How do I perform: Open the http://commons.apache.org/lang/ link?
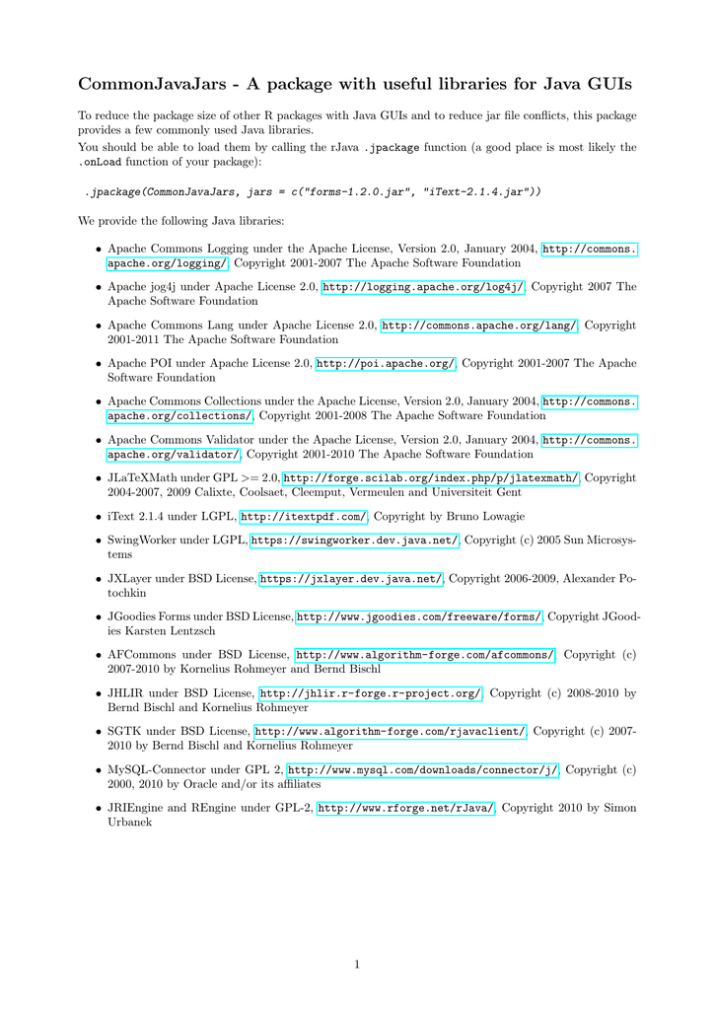(480, 325)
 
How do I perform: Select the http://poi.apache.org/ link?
(386, 363)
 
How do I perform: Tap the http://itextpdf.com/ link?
(304, 516)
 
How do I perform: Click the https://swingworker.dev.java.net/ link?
(355, 541)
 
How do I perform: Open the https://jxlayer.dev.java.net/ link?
(351, 579)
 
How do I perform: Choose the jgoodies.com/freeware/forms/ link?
(419, 616)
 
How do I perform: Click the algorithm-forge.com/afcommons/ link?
(425, 654)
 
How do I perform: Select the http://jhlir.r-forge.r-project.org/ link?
(370, 692)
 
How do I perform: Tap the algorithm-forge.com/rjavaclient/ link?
(391, 731)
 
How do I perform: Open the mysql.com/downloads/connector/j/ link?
(423, 769)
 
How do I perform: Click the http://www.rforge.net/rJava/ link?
(406, 808)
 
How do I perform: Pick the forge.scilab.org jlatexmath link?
(432, 477)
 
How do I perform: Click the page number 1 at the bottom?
(357, 964)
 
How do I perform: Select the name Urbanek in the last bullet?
(130, 822)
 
